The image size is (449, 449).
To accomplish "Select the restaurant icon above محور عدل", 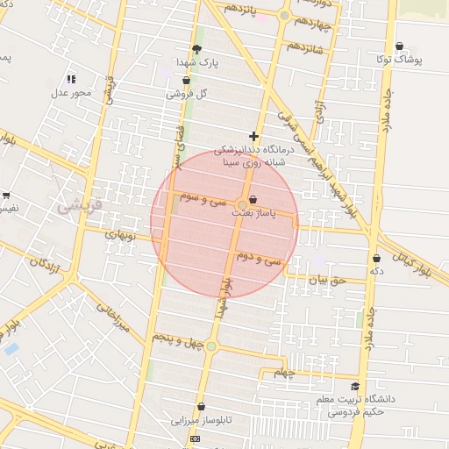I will coord(71,79).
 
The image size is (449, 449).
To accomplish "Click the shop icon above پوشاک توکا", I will coord(400,46).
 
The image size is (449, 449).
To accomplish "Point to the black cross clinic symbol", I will coord(254,136).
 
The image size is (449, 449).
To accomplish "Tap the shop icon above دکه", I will coord(377,258).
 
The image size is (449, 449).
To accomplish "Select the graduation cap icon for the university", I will coord(355,387).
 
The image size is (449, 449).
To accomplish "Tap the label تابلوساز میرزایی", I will coord(201,421).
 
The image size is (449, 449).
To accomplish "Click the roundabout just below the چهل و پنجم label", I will coord(210,347).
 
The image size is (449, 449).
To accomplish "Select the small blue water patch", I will coord(11,348).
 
